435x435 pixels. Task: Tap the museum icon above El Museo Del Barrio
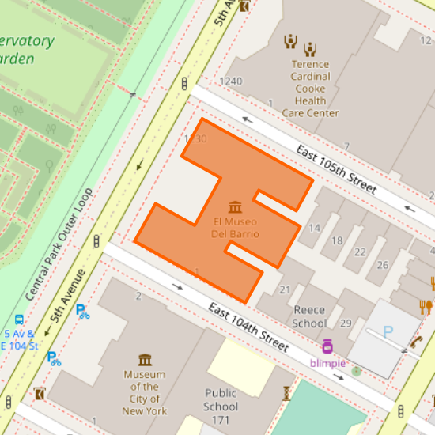coord(235,207)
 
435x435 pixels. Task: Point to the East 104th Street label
coord(248,328)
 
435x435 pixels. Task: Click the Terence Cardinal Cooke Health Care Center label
coord(310,89)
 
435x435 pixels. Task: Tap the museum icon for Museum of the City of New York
coord(145,359)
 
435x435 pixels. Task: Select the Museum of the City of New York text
coord(145,392)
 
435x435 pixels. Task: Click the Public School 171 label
coord(221,405)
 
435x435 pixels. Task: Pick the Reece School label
coord(309,316)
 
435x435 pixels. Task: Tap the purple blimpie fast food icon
coord(327,346)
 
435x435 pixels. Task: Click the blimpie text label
coord(327,362)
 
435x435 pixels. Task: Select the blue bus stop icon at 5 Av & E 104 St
coord(18,321)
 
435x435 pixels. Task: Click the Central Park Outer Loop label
coord(59,244)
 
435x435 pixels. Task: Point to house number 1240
coord(231,81)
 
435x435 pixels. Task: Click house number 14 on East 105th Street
coord(314,228)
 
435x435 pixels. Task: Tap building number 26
coord(383,264)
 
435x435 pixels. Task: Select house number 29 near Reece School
coord(346,323)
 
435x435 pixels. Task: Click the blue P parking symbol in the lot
coord(388,332)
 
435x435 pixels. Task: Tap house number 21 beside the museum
coord(286,289)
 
